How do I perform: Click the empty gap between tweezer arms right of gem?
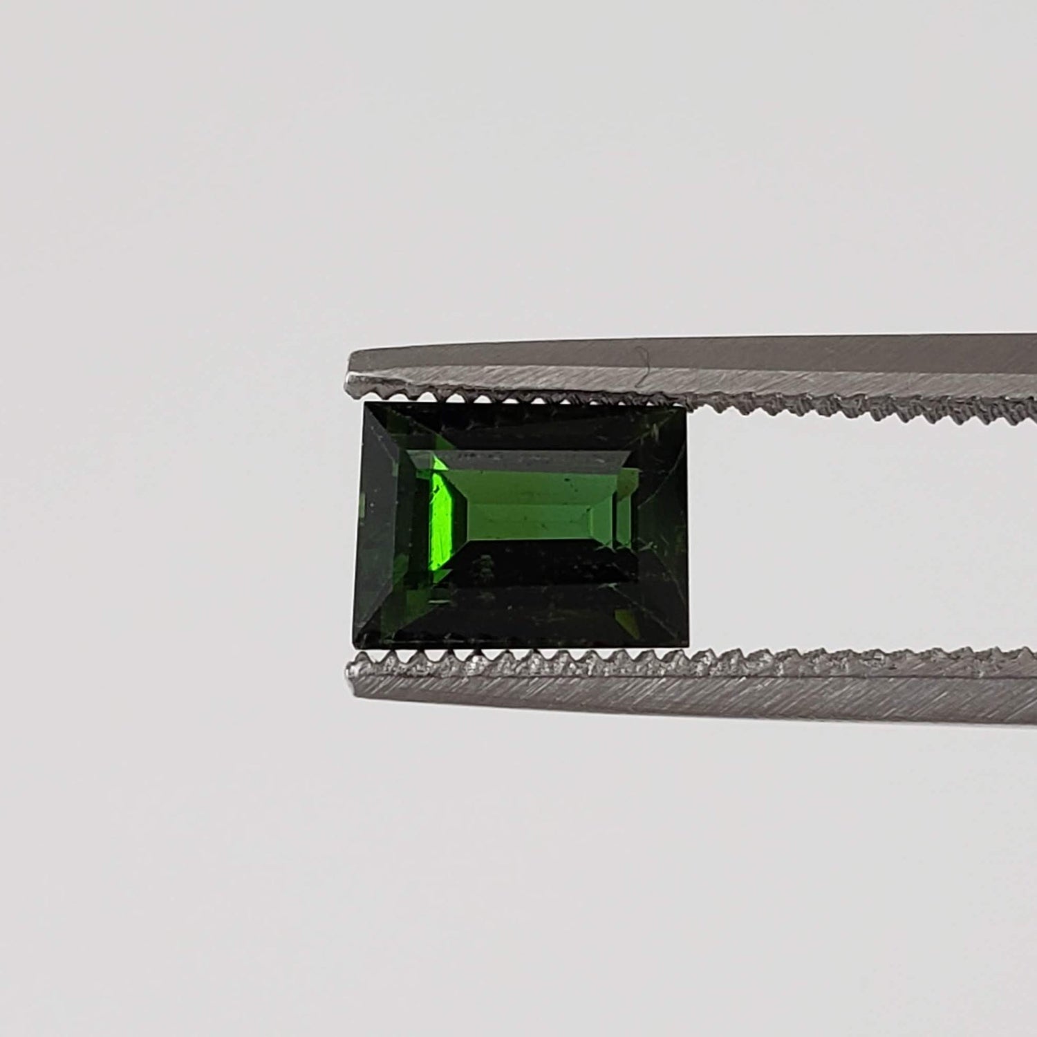(864, 532)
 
